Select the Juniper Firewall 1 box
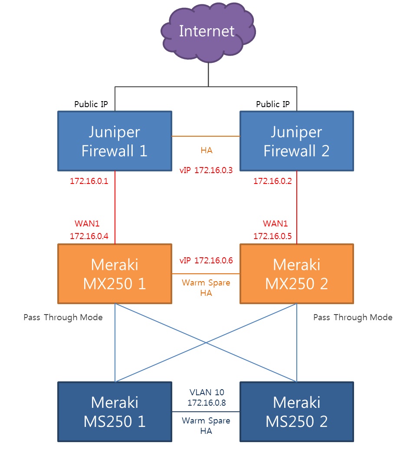(115, 141)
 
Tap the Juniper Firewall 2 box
(296, 141)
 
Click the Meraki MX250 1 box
(115, 273)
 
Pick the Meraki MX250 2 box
(296, 273)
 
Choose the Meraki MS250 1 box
(115, 411)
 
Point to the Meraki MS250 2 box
(296, 411)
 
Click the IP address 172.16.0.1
(89, 181)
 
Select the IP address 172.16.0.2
(272, 181)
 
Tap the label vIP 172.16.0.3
(206, 170)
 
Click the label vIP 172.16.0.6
(206, 260)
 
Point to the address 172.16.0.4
(89, 236)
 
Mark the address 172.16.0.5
(272, 236)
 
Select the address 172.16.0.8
(206, 403)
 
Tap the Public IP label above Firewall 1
(91, 104)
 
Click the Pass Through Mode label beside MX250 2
(352, 318)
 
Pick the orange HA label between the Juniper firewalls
(206, 150)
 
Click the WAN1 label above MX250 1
(87, 224)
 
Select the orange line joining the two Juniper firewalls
(206, 136)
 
